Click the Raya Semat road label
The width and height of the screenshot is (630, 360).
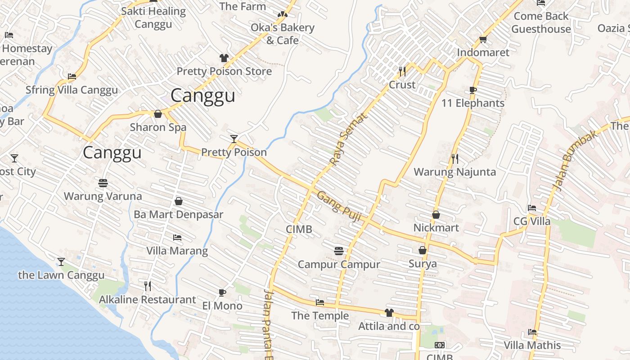pos(349,139)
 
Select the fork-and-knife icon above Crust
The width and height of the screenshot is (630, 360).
pos(402,71)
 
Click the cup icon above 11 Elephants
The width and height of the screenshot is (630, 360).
pos(473,90)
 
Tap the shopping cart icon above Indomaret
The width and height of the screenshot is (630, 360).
pos(483,40)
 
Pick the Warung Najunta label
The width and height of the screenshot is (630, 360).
pos(454,172)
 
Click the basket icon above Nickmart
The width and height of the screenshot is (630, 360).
pos(436,215)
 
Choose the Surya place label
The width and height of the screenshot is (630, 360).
pos(423,264)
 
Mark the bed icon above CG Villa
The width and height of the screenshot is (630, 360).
pos(532,208)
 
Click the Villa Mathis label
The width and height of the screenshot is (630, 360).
pos(532,346)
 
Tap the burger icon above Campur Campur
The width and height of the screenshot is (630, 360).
pos(339,251)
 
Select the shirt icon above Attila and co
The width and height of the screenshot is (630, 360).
pos(389,313)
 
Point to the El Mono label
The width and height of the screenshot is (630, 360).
pos(222,306)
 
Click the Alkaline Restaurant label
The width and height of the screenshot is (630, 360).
pos(147,300)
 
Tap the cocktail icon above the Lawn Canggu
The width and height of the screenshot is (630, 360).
pos(61,261)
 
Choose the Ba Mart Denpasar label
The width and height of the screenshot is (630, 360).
pos(178,215)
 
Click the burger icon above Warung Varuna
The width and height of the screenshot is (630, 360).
pos(103,183)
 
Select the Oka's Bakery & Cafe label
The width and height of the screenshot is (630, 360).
pos(282,34)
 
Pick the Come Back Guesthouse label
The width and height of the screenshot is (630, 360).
pos(541,22)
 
